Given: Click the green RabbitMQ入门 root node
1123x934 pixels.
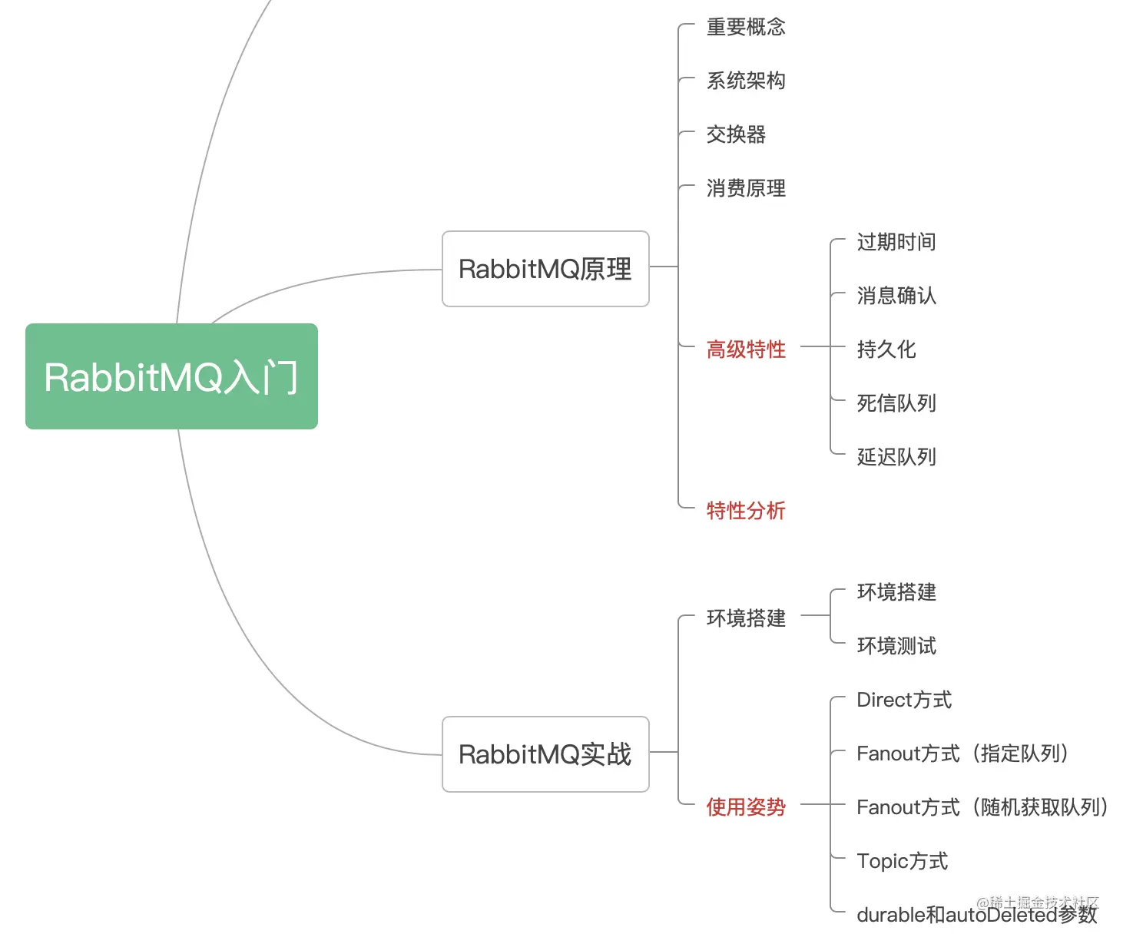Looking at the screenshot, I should tap(171, 376).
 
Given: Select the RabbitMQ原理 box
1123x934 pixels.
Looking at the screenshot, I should tap(545, 269).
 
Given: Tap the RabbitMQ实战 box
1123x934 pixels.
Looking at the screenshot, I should tap(545, 754).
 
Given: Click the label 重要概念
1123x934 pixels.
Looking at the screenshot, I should tap(746, 28).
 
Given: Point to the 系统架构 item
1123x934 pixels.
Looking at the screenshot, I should tap(746, 81).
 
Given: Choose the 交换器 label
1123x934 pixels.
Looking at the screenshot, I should tap(736, 135).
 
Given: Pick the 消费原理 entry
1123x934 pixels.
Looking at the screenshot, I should tap(746, 189).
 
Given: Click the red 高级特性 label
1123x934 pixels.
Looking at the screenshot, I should tap(746, 350).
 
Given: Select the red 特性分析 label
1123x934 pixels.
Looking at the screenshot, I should tap(746, 512).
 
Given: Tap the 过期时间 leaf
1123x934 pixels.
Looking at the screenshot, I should tap(896, 243).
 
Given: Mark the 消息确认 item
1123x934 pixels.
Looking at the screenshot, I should tap(896, 296).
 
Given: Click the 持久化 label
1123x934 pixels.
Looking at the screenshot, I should tap(886, 350).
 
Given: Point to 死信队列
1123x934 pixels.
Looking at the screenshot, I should tap(896, 404).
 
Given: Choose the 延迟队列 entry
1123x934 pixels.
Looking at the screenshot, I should tap(896, 458).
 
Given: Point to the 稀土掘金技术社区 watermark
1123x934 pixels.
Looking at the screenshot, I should tap(1038, 902).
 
